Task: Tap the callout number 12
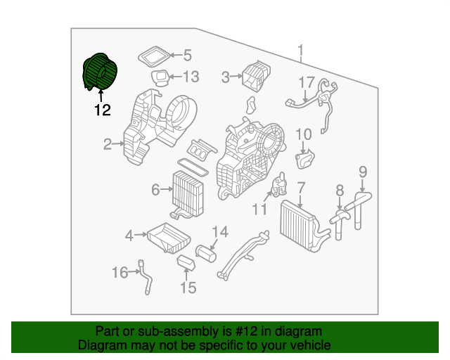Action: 103,110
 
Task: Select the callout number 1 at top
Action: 300,51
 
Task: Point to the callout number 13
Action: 192,77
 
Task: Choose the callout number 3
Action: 226,77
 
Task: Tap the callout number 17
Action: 306,83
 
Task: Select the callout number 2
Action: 108,145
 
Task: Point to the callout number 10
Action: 303,134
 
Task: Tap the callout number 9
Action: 363,170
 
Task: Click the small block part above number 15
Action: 186,263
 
